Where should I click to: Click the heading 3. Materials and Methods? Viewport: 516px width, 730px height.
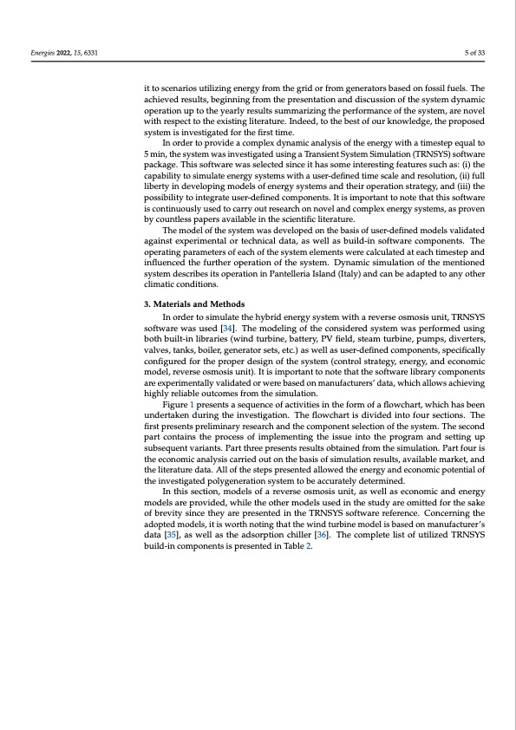(194, 303)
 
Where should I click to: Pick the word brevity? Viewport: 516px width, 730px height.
(170, 518)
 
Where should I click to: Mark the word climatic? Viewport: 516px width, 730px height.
(161, 284)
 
